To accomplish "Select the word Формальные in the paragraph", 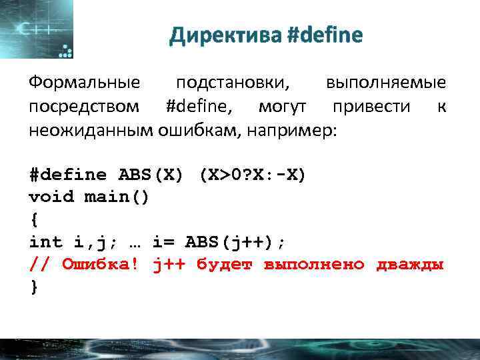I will tap(85, 83).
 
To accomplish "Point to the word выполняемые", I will tap(386, 83).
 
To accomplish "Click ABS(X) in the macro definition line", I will tap(151, 175).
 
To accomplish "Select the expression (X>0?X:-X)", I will tap(251, 175).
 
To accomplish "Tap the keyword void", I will tap(51, 197).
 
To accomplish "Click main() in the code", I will tap(117, 197).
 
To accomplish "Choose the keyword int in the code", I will tap(45, 242).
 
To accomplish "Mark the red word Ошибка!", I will tap(101, 265).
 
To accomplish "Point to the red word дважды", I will tap(410, 265).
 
